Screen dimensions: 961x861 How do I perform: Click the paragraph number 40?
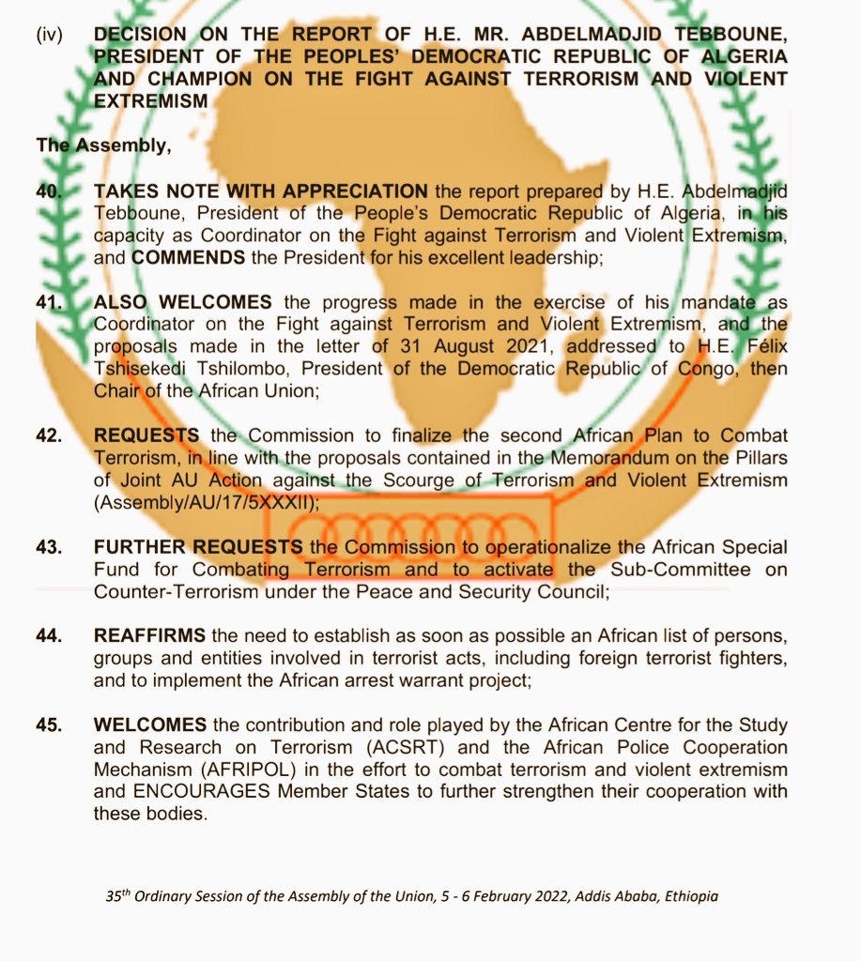point(49,190)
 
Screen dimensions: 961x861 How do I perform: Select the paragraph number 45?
point(49,725)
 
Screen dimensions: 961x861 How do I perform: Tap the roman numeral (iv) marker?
point(50,36)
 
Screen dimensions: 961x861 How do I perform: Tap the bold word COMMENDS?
point(192,254)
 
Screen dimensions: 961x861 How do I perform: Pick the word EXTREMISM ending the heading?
point(151,100)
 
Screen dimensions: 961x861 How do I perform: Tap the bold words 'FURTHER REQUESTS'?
point(198,547)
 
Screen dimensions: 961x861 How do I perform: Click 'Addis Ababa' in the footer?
point(601,896)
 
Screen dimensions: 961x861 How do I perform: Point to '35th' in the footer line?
point(118,895)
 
